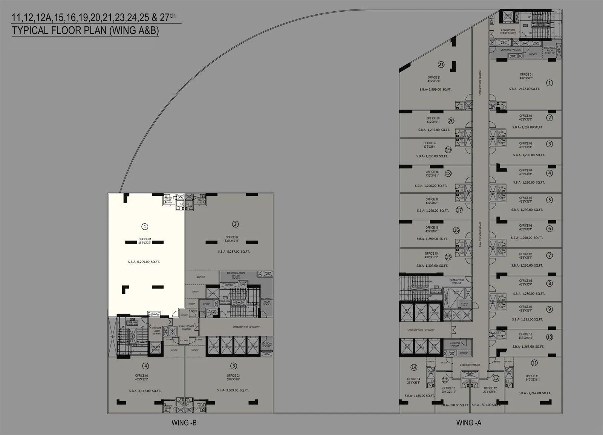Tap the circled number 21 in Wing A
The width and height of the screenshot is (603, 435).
(x=441, y=64)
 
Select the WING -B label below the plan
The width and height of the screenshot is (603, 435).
(x=184, y=423)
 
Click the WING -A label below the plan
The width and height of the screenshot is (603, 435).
(x=468, y=423)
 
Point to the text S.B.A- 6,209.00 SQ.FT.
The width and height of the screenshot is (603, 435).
(x=144, y=262)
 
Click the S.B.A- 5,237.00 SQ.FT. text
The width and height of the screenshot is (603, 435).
(x=234, y=252)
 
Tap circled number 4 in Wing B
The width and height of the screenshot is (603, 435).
(x=145, y=366)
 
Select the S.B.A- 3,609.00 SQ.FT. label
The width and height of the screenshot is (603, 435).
(x=233, y=390)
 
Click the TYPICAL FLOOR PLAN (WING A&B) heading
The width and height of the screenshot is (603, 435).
(x=85, y=31)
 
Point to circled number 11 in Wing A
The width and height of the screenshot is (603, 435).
(x=534, y=363)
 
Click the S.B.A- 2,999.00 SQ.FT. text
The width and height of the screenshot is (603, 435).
(x=435, y=90)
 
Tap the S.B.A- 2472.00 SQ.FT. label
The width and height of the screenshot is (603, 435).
(x=525, y=89)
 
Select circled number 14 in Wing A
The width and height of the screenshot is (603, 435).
(x=414, y=367)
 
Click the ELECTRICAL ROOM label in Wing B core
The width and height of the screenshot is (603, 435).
(x=236, y=273)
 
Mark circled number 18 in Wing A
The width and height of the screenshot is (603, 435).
(x=448, y=174)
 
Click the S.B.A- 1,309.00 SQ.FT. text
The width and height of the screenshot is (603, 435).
(x=432, y=266)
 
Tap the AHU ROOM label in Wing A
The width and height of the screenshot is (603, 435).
(x=455, y=343)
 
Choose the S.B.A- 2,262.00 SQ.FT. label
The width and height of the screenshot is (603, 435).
(x=534, y=393)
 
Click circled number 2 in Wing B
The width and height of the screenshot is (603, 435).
(x=235, y=224)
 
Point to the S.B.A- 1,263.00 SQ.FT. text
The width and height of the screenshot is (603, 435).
(x=528, y=346)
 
